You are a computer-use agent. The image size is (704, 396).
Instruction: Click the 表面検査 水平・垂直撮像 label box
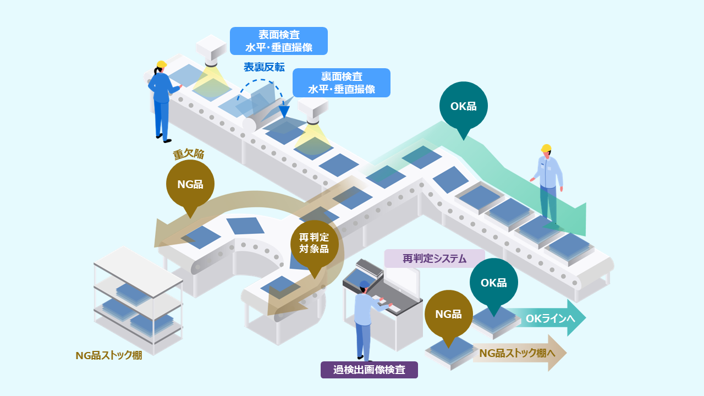(x=279, y=41)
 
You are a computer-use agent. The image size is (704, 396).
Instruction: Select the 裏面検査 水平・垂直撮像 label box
(x=342, y=82)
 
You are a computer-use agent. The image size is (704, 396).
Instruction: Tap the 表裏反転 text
(x=265, y=67)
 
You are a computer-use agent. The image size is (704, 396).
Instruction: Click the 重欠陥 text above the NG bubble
(x=189, y=154)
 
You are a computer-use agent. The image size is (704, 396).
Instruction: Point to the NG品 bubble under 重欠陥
(x=190, y=185)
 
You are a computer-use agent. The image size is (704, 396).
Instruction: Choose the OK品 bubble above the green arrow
(x=464, y=107)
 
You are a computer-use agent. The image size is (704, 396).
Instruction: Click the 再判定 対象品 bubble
(x=314, y=245)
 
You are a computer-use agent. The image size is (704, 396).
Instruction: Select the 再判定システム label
(x=435, y=258)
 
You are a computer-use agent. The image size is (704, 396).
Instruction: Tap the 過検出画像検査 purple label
(x=369, y=370)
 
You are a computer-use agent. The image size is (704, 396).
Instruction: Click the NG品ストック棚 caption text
(x=109, y=355)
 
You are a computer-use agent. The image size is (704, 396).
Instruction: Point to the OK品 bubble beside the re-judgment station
(x=494, y=283)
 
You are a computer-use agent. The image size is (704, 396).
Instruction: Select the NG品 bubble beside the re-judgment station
(x=448, y=314)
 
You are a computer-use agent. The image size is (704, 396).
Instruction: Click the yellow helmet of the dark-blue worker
(x=162, y=64)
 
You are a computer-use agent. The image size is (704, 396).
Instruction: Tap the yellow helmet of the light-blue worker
(x=546, y=148)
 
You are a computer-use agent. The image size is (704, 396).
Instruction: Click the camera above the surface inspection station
(x=211, y=50)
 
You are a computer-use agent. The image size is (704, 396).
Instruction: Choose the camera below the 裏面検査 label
(x=313, y=111)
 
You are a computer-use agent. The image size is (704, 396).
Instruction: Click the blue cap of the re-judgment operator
(x=365, y=284)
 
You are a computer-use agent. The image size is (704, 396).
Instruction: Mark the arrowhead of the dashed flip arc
(x=284, y=112)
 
